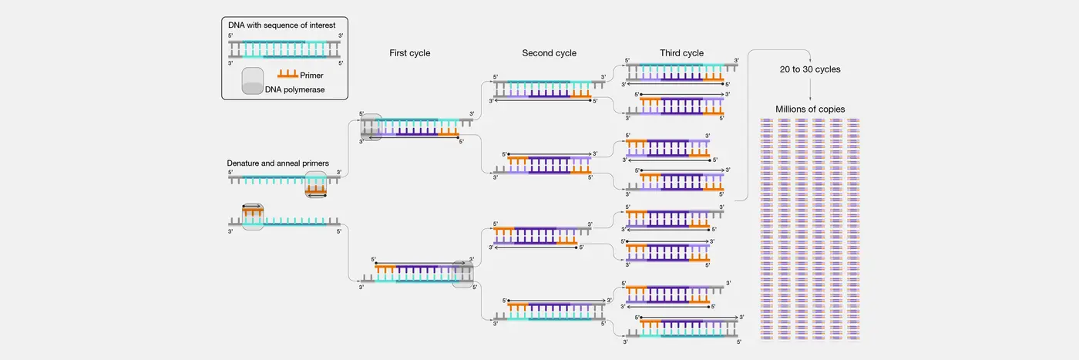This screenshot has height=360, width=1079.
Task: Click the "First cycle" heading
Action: (409, 53)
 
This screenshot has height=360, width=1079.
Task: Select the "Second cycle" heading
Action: (549, 53)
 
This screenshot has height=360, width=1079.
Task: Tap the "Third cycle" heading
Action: (681, 53)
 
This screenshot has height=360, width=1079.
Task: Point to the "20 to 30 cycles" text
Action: (809, 69)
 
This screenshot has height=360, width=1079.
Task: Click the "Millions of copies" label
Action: (810, 109)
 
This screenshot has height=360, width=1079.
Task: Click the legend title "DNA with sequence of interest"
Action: (282, 25)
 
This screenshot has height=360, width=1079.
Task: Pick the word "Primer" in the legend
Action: (313, 76)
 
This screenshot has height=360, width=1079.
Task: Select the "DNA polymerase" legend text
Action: (295, 89)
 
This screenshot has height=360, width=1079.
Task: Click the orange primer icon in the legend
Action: (288, 74)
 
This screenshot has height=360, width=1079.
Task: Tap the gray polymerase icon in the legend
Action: (253, 82)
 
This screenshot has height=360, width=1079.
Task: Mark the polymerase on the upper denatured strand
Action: (316, 185)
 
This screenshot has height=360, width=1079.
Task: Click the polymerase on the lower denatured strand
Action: (253, 217)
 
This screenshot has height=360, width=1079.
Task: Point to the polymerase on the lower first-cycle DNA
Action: (463, 274)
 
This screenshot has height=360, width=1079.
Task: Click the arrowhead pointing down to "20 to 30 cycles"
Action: (809, 61)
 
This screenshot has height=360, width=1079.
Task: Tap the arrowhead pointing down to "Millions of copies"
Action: (810, 100)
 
